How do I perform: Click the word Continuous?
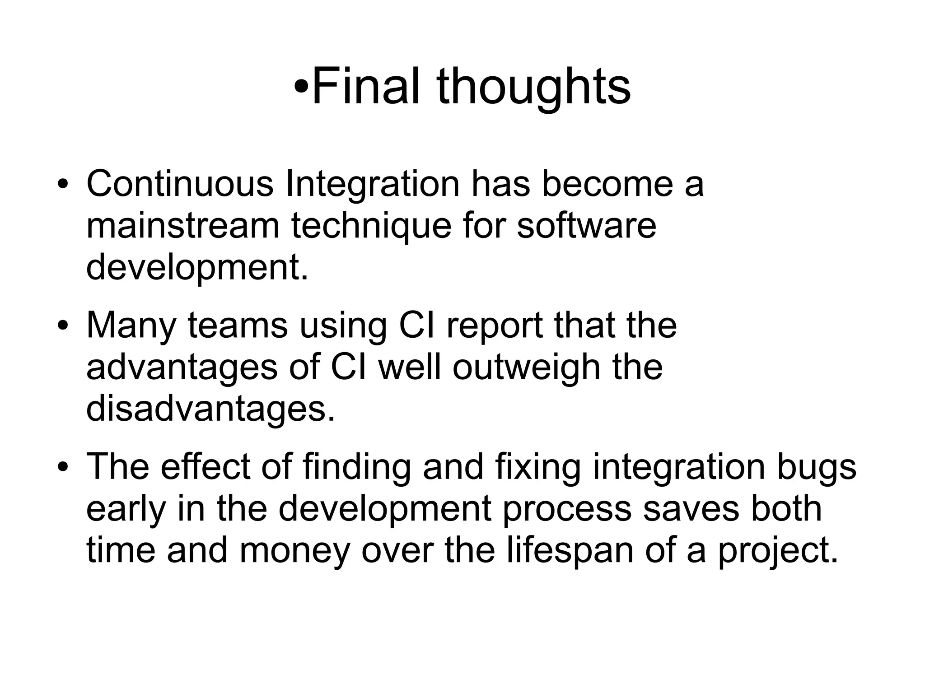tap(180, 184)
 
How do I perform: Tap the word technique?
tap(371, 226)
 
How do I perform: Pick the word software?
tap(586, 226)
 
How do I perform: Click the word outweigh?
tap(527, 367)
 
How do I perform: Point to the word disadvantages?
tap(211, 409)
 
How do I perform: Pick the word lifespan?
tap(570, 551)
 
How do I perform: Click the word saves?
tap(691, 509)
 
